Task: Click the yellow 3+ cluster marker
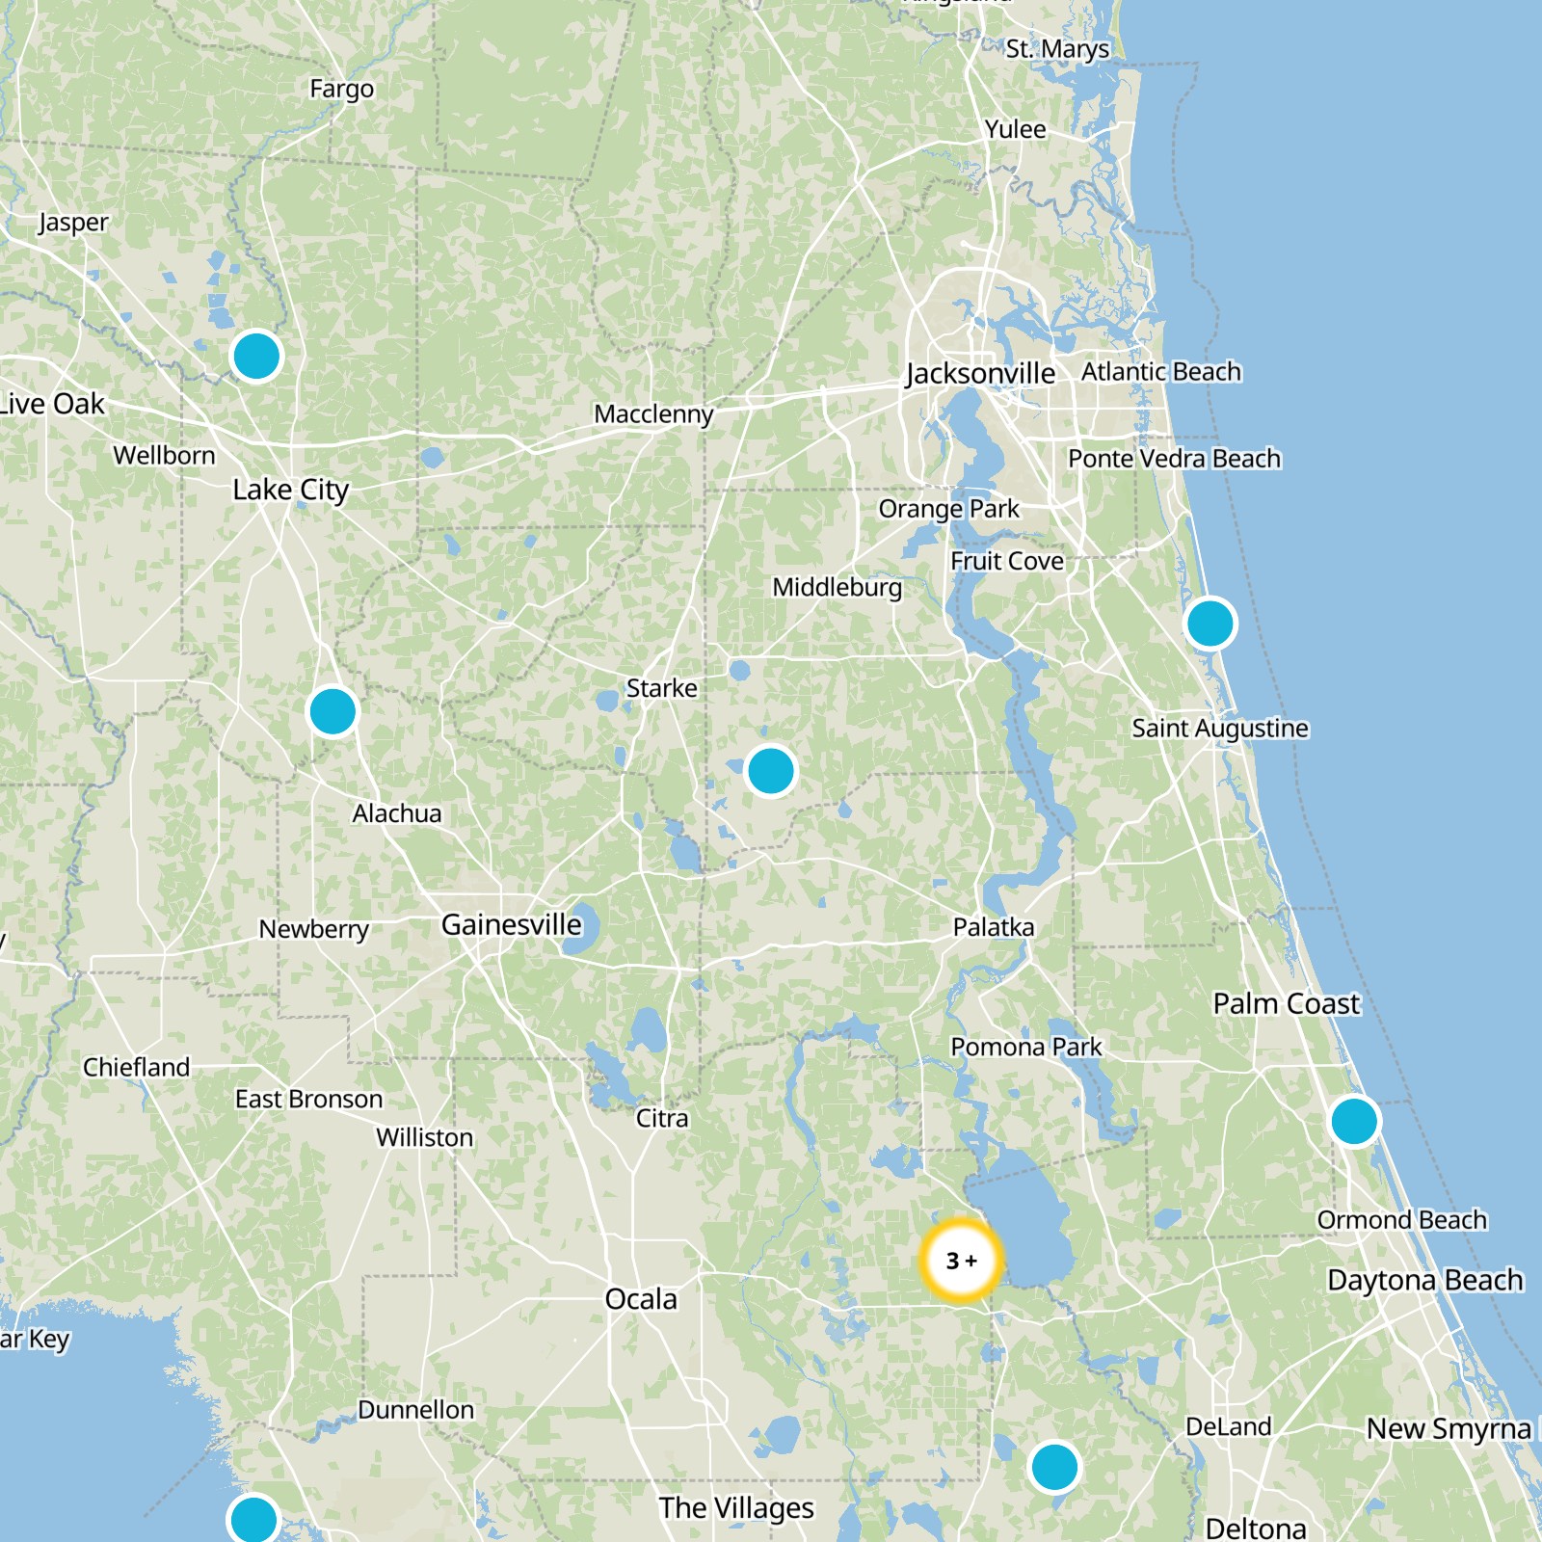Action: tap(961, 1261)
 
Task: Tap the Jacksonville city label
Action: tap(980, 374)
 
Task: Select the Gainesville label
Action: tap(511, 925)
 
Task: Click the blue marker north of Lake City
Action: tap(256, 357)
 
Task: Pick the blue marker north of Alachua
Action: tap(332, 711)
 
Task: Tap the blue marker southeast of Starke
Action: tap(770, 771)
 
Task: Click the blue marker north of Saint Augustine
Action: tap(1210, 624)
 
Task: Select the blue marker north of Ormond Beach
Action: tap(1354, 1122)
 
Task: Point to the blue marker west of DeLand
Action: tap(1054, 1467)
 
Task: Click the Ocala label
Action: tap(641, 1299)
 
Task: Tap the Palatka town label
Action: tap(994, 927)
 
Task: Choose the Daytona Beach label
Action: tap(1425, 1280)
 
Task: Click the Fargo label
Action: tap(341, 90)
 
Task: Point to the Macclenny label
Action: tap(653, 414)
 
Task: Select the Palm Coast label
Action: tap(1286, 1004)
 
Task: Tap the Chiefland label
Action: tap(136, 1068)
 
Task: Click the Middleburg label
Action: tap(837, 587)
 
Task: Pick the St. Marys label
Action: tap(1057, 49)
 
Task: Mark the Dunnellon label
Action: tap(415, 1410)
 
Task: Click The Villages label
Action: tap(736, 1507)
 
